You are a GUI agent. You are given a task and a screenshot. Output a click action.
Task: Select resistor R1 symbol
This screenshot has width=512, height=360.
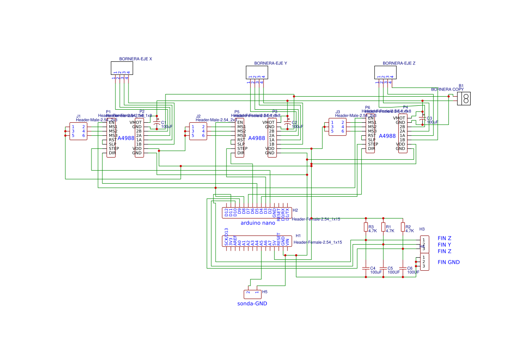click(383, 227)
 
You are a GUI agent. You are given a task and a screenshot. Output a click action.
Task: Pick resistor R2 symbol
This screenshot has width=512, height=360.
click(403, 227)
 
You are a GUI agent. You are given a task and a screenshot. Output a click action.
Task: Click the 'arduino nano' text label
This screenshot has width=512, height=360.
click(258, 223)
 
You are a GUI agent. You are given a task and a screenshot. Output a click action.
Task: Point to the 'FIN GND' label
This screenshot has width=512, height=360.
click(448, 262)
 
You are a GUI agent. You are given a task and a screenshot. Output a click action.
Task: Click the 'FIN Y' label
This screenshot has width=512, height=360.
click(444, 245)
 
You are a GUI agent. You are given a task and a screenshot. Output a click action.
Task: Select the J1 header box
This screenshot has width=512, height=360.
click(78, 131)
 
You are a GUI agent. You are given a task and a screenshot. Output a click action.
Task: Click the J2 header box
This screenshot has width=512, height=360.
click(198, 131)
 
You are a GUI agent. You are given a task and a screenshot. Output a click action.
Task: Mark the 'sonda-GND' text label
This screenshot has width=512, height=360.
click(252, 304)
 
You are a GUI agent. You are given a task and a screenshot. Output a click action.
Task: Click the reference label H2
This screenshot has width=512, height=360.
click(295, 210)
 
